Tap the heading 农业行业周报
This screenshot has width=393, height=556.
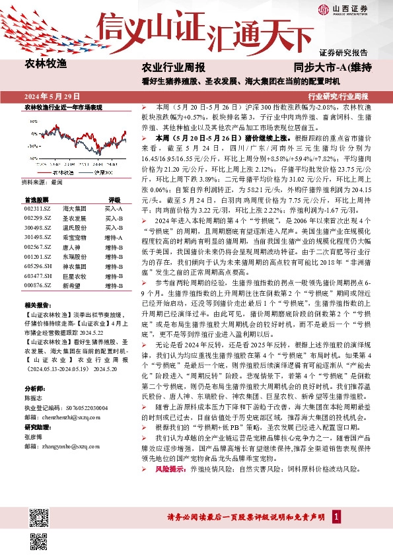pos(174,67)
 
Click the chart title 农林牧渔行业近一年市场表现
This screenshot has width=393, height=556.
pos(63,106)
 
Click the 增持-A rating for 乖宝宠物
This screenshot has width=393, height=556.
pos(113,236)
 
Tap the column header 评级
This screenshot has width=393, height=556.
pos(114,199)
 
